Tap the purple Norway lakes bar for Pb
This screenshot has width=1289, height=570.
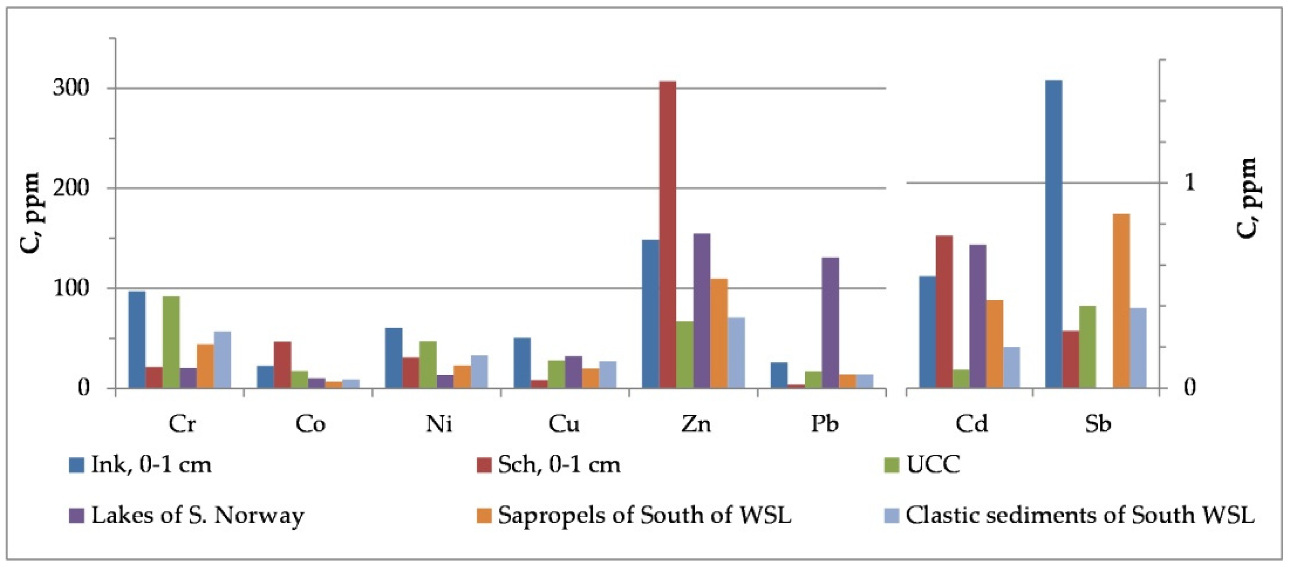(830, 323)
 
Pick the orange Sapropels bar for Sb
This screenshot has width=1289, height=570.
(1121, 301)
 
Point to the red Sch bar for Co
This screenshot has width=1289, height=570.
(282, 365)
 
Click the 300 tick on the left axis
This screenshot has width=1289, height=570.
(70, 88)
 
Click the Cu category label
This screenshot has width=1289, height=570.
(564, 424)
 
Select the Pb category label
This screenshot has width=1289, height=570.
(824, 424)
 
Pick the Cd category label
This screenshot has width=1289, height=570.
(971, 424)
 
